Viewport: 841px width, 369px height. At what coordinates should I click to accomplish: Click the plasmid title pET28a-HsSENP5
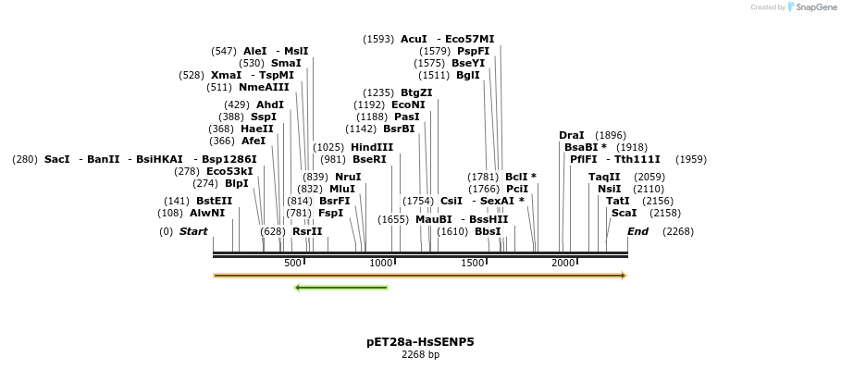420,341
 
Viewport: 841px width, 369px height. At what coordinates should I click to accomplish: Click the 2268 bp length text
420,354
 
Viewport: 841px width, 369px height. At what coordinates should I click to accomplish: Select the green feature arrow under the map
340,288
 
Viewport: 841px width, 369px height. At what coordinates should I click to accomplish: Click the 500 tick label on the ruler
292,264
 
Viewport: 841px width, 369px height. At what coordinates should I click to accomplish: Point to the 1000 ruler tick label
382,264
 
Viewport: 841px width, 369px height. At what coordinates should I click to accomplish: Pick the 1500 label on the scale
473,264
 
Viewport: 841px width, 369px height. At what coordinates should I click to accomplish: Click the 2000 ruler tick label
563,264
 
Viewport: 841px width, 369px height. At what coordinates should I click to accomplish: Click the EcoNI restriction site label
408,105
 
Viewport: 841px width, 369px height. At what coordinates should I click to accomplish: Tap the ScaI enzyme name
624,213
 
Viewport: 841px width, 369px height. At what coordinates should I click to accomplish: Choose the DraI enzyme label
572,135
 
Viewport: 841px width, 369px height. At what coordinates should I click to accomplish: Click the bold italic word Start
193,231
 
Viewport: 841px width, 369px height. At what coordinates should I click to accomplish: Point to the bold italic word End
637,231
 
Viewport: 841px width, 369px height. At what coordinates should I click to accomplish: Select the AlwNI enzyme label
207,213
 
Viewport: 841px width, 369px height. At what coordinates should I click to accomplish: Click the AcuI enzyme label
414,39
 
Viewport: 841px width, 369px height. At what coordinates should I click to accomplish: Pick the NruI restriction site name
348,177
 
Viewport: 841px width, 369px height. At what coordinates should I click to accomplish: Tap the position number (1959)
690,159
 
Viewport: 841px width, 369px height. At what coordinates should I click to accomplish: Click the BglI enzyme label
468,75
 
